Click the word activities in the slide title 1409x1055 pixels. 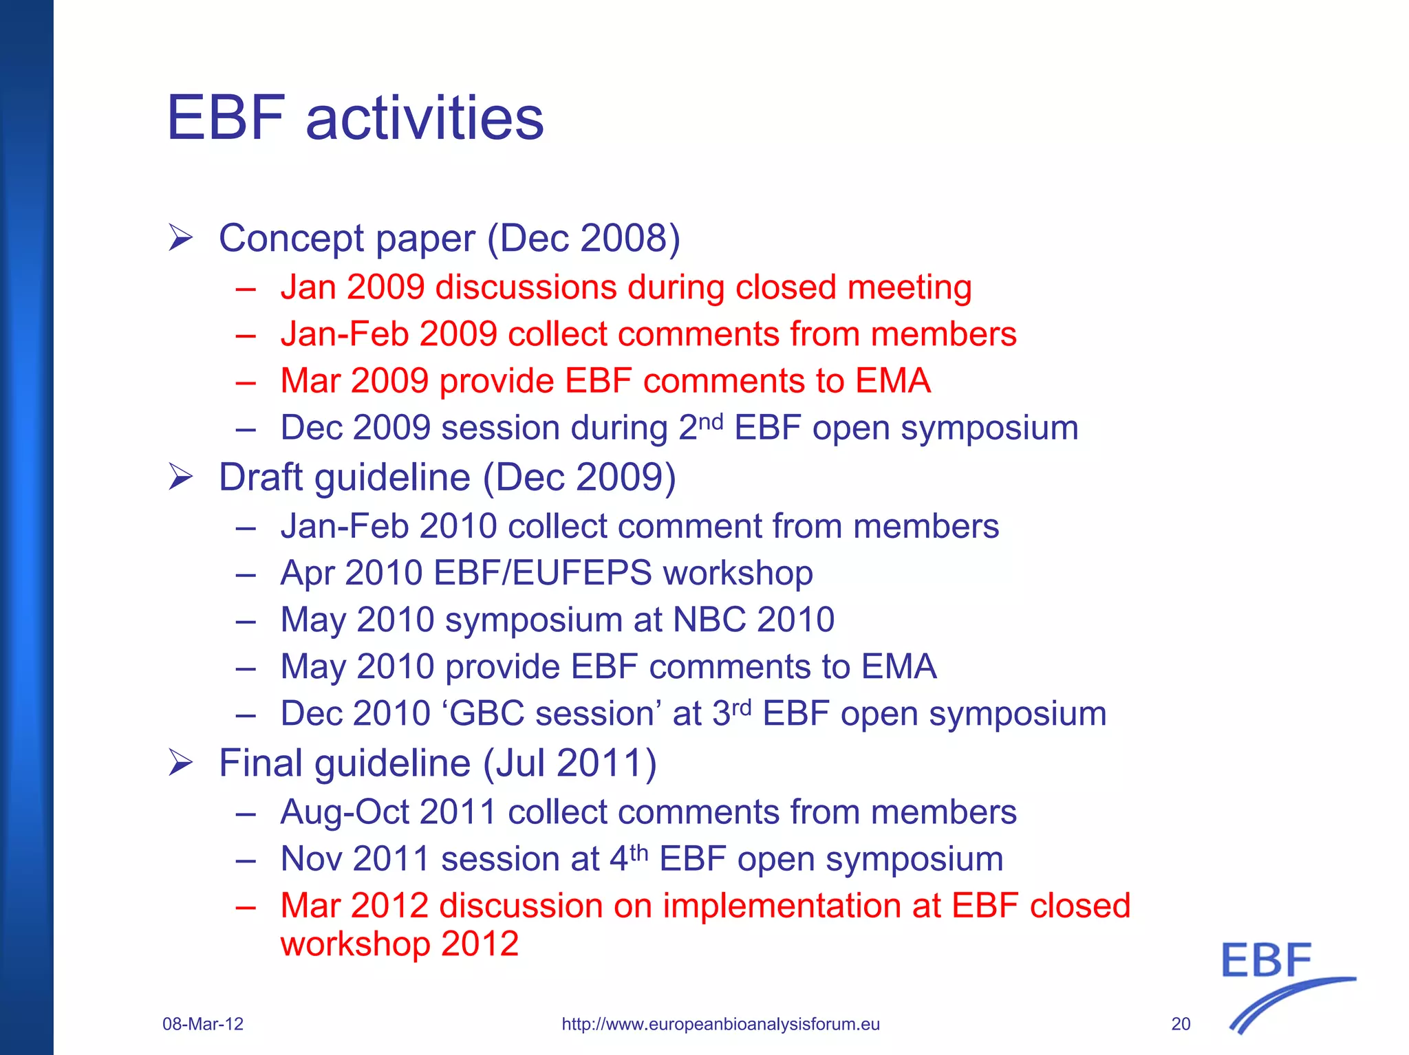click(x=424, y=118)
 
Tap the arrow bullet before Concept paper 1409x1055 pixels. click(x=181, y=238)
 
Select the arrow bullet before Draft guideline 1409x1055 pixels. click(x=181, y=477)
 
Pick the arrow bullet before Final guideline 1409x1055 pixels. click(x=181, y=763)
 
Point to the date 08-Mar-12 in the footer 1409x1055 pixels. click(x=203, y=1024)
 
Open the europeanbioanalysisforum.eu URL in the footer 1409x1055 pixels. click(x=720, y=1024)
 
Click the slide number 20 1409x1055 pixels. click(x=1181, y=1024)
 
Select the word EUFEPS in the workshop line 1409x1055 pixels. click(x=582, y=573)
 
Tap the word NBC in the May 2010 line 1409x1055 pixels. click(x=709, y=620)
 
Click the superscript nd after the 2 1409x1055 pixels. click(x=711, y=420)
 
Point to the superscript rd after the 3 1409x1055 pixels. click(x=741, y=706)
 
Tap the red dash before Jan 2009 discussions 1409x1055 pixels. click(x=246, y=289)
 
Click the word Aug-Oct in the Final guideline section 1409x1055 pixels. click(x=345, y=812)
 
